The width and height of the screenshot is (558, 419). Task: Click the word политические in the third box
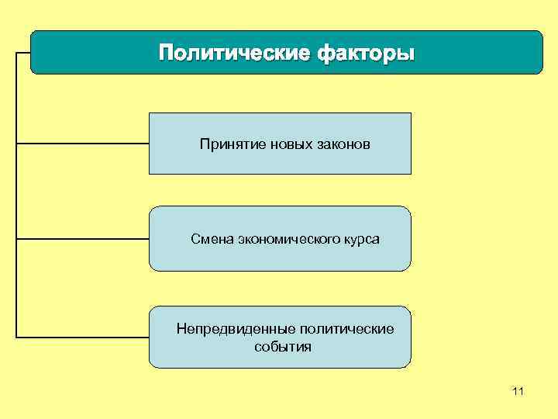[x=346, y=329]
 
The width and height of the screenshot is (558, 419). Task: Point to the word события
[x=283, y=347]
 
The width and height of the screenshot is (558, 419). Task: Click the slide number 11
[x=518, y=392]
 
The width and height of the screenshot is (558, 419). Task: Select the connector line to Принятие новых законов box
[x=82, y=144]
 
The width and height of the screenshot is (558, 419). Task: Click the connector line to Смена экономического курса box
[x=82, y=239]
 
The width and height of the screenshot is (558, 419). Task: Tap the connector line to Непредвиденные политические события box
[x=82, y=338]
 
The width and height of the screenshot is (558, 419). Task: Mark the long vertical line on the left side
[x=15, y=194]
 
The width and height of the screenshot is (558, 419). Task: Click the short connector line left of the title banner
[x=22, y=54]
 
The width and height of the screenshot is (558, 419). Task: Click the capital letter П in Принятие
[x=204, y=144]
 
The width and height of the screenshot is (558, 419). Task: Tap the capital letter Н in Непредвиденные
[x=181, y=329]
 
